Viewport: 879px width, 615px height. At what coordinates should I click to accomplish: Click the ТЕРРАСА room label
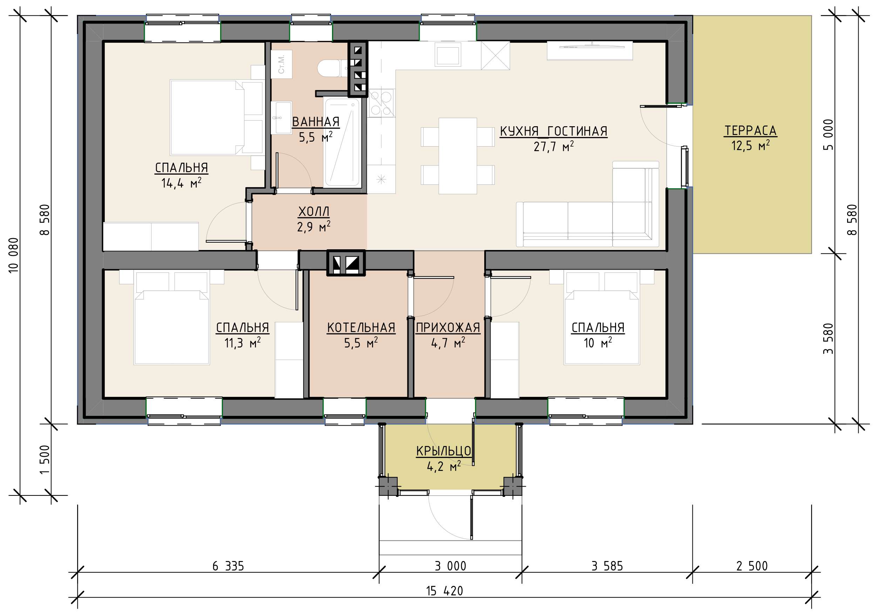coord(750,130)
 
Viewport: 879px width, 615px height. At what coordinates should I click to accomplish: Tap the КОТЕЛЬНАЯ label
coord(361,328)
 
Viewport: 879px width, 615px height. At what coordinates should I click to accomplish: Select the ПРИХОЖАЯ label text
coord(448,328)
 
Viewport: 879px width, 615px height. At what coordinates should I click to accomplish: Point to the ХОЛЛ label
coord(313,211)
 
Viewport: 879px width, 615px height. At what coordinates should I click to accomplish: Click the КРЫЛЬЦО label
coord(444,451)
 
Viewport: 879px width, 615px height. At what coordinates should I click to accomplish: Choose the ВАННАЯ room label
coord(316,122)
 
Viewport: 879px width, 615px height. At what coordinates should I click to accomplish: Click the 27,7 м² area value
coord(554,146)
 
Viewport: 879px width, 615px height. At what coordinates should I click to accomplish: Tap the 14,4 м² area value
coord(181,183)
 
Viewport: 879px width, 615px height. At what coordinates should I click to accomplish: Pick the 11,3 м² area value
coord(242,343)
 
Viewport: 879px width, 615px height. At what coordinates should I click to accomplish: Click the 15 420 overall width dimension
coord(445,591)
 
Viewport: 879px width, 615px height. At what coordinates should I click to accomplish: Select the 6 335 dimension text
coord(228,566)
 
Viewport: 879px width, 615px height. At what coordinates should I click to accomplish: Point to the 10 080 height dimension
coord(14,255)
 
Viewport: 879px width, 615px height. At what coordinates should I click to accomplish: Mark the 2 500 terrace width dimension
coord(752,566)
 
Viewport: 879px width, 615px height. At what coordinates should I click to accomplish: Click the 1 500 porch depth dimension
coord(45,460)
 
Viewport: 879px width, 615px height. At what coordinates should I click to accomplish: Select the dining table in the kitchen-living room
coord(458,156)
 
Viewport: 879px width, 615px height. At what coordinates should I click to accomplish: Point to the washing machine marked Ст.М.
coord(282,64)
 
